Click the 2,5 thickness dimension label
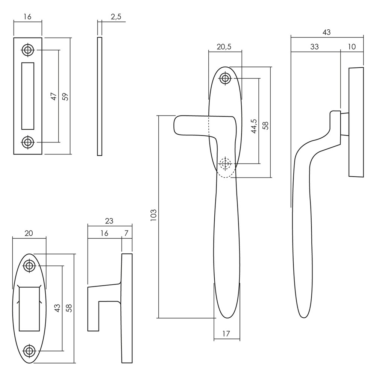[116, 17]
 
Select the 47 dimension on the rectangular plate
[54, 96]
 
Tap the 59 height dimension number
[65, 96]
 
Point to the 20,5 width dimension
[224, 47]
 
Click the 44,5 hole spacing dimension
[254, 126]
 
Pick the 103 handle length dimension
[153, 215]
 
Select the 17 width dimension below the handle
[226, 334]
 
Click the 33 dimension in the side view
[314, 47]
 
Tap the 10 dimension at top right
[352, 47]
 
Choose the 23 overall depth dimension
[109, 221]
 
